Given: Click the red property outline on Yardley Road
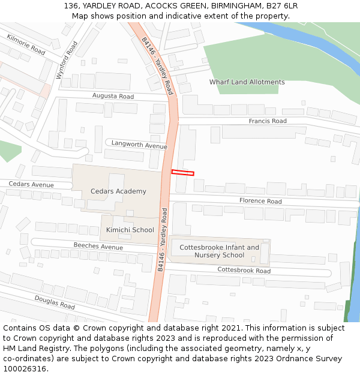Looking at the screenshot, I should [x=182, y=173].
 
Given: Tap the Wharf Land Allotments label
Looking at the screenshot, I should [x=247, y=82].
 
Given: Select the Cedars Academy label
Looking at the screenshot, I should [x=118, y=191].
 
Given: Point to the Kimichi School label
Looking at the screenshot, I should [x=130, y=230].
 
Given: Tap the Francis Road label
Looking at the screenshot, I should [x=268, y=121].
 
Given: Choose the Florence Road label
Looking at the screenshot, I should [x=260, y=201].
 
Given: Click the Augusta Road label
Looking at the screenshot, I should [x=113, y=96].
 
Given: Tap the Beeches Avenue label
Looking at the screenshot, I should [x=98, y=246].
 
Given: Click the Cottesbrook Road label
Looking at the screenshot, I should [x=244, y=270].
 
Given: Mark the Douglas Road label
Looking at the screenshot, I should [x=54, y=302].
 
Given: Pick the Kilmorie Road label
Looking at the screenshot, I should [x=26, y=45].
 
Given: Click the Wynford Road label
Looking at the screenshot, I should [x=66, y=60].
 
